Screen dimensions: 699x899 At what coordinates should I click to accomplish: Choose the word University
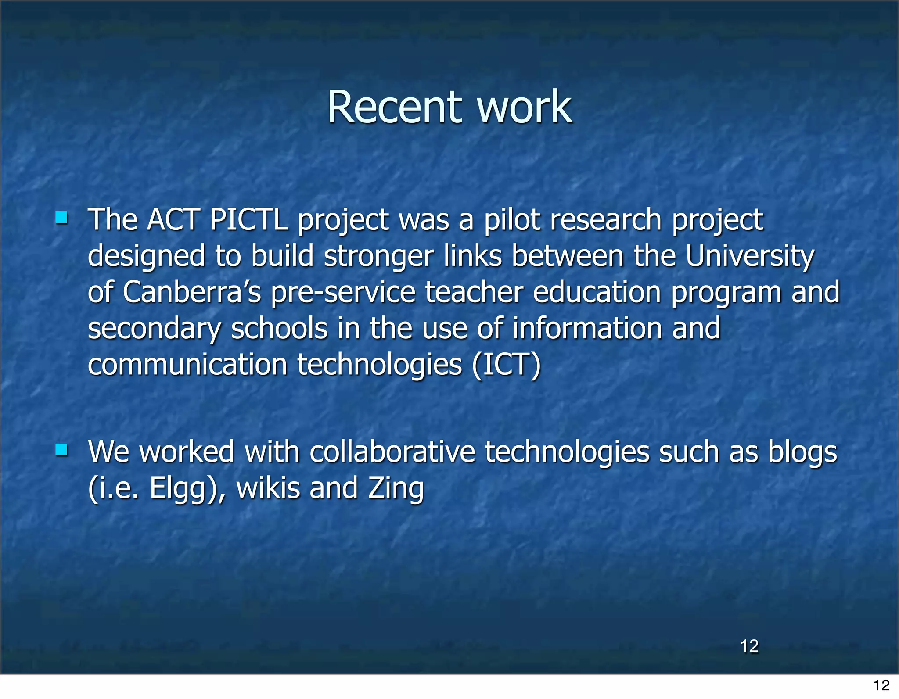coord(750,256)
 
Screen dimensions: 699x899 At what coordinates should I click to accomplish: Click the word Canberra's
coord(192,292)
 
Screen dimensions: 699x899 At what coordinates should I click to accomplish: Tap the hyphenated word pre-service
coord(343,293)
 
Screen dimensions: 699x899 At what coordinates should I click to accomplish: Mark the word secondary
coord(154,329)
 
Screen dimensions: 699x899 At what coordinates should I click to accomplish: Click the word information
coord(587,328)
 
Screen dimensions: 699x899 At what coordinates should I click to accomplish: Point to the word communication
coord(187,365)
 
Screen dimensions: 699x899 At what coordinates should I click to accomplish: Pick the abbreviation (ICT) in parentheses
coord(507,365)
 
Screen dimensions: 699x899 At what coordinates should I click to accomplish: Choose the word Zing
coord(396,489)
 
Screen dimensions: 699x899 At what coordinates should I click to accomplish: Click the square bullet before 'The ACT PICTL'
coord(61,218)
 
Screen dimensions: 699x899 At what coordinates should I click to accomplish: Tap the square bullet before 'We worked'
coord(61,449)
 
